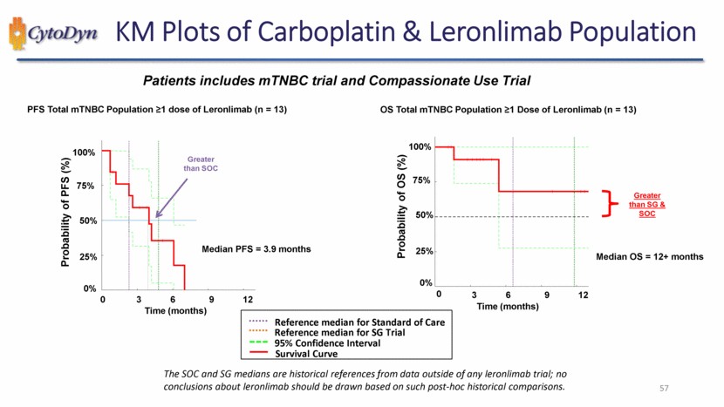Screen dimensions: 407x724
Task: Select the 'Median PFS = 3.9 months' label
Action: tap(256, 249)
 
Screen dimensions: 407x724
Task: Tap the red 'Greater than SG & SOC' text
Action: tap(648, 205)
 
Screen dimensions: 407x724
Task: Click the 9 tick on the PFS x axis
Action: tap(212, 300)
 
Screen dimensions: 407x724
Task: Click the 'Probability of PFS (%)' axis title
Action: tap(65, 219)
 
